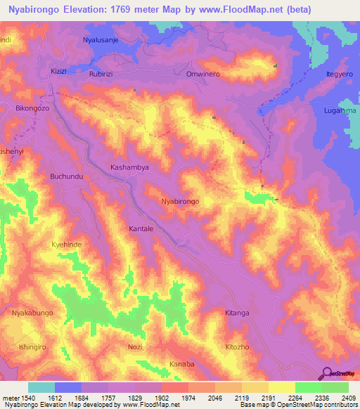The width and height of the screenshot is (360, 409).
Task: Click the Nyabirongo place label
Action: click(x=181, y=201)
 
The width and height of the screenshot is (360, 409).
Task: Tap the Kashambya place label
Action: click(x=130, y=167)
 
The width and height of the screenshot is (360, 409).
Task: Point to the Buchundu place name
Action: click(x=67, y=176)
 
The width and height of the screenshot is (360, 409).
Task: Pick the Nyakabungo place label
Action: click(x=32, y=316)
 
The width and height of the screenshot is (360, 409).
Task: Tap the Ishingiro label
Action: click(x=32, y=346)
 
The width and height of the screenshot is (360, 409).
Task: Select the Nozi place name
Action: click(x=136, y=348)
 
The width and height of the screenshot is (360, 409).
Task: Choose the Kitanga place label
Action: click(x=237, y=313)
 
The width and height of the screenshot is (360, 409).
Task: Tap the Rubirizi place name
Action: click(x=105, y=73)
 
